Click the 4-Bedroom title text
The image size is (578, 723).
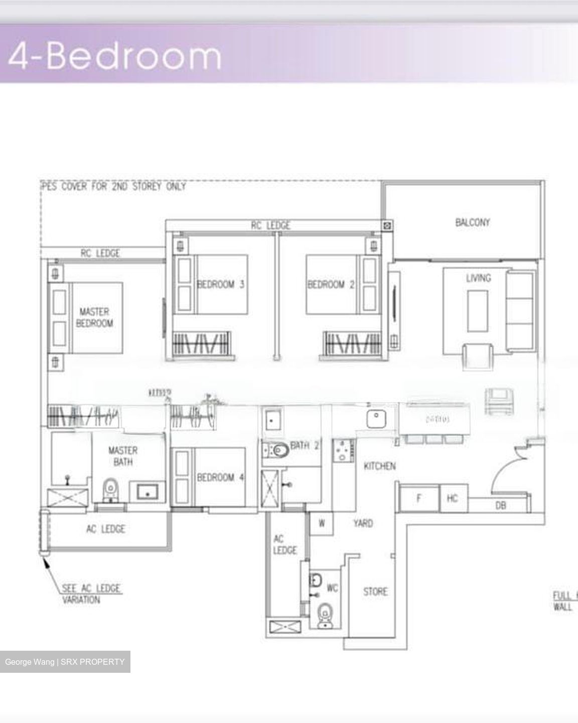coord(114,56)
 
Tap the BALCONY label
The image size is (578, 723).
coord(472,222)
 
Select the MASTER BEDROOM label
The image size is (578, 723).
coord(95,317)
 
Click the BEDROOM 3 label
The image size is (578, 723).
coord(220,284)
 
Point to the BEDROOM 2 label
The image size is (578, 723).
coord(331,284)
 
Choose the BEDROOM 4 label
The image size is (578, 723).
coord(220,477)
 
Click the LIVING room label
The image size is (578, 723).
coord(478,278)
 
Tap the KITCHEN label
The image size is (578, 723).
coord(379,466)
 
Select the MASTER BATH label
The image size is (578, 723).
coord(122,456)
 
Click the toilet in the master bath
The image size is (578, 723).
coord(110,489)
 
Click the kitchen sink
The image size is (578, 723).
coord(375,418)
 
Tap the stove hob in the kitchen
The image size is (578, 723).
coord(343,451)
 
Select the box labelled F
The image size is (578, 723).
coord(419,498)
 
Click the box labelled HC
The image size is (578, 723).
coord(453,498)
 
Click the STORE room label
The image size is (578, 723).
coord(375,591)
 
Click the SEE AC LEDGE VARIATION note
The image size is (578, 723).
coord(90,594)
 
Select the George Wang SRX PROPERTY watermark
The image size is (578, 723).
coord(65,662)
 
